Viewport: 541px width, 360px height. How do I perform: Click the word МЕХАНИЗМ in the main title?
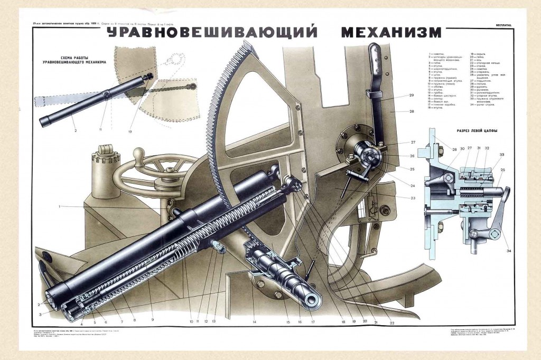pyautogui.click(x=391, y=33)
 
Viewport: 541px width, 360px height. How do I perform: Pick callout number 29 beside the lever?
pyautogui.click(x=411, y=96)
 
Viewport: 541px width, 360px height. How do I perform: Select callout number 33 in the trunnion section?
pyautogui.click(x=501, y=154)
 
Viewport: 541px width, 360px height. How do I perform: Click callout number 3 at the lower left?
pyautogui.click(x=40, y=314)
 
